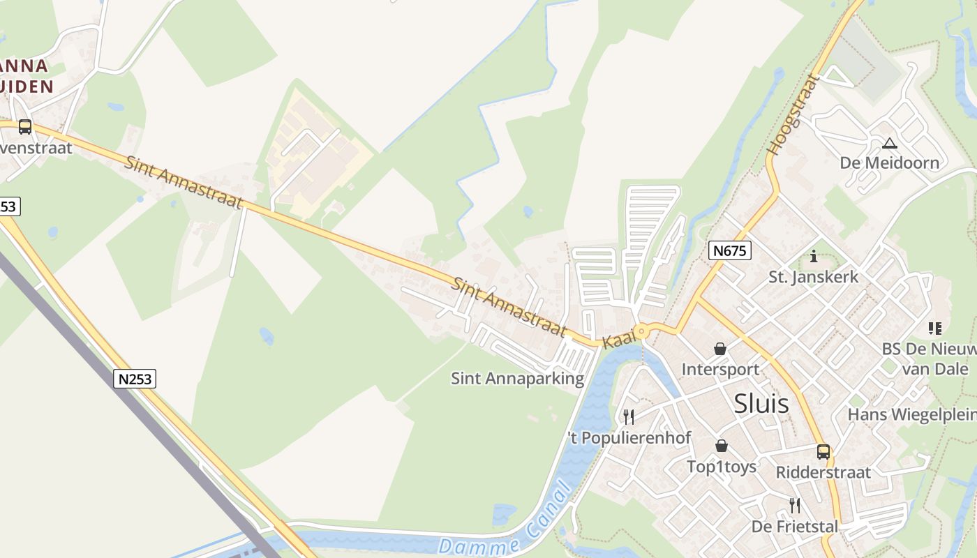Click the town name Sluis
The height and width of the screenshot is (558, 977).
click(x=761, y=403)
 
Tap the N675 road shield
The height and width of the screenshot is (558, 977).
click(x=730, y=250)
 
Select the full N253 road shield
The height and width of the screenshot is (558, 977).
click(x=135, y=379)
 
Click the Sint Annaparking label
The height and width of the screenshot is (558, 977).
click(x=517, y=379)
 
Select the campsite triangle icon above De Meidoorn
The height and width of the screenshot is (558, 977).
click(x=889, y=144)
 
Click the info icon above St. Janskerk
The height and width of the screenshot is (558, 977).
click(x=814, y=257)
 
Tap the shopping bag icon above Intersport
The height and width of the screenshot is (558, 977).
click(x=719, y=349)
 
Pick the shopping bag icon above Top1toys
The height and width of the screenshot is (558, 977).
click(x=721, y=446)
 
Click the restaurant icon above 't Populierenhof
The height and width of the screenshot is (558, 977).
click(x=629, y=417)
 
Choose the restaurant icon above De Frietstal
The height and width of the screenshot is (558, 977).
click(x=794, y=506)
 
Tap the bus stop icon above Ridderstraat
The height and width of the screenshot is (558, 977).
click(x=823, y=452)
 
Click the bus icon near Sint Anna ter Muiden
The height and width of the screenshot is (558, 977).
click(x=25, y=127)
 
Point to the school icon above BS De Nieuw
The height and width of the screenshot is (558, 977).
click(x=935, y=328)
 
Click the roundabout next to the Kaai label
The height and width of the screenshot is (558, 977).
click(x=642, y=332)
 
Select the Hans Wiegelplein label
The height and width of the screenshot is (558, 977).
click(x=911, y=415)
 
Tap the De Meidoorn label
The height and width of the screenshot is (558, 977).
click(x=889, y=163)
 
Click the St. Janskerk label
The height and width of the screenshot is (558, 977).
click(x=813, y=277)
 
